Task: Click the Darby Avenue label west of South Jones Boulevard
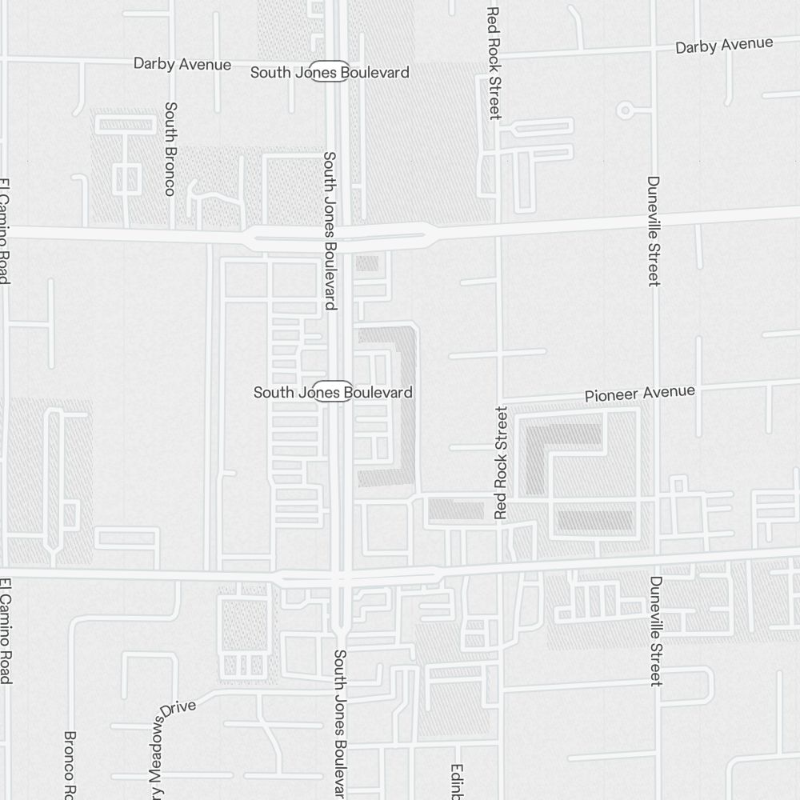[x=182, y=64]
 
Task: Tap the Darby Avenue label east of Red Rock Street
[x=724, y=46]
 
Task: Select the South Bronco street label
[x=170, y=148]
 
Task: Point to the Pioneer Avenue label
[x=639, y=393]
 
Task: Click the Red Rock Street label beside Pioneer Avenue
[x=502, y=462]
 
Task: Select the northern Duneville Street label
[x=654, y=230]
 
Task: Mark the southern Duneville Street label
[x=656, y=630]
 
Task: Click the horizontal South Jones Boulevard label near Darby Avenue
[x=330, y=72]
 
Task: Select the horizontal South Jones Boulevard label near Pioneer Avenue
[x=333, y=392]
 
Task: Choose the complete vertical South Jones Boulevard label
[x=329, y=230]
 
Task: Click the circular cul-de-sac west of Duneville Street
[x=626, y=110]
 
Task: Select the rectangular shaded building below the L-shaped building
[x=594, y=521]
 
